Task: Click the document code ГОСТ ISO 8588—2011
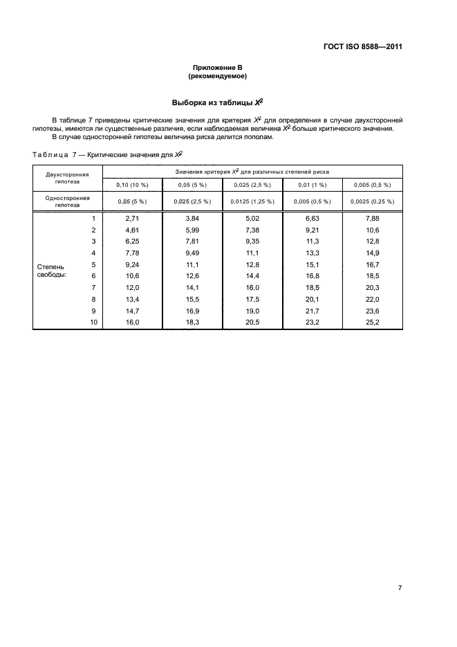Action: [x=362, y=47]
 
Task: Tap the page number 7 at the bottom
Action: [x=400, y=587]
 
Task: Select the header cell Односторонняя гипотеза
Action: [x=63, y=201]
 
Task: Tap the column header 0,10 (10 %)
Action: [x=132, y=185]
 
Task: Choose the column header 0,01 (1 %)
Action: [x=313, y=185]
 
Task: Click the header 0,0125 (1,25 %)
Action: [x=252, y=201]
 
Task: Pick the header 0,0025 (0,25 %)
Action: [x=372, y=201]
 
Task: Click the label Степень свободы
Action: [x=52, y=270]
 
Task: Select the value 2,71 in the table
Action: [x=132, y=219]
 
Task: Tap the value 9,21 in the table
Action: [x=313, y=230]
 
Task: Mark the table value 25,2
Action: [x=372, y=322]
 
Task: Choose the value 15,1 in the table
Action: [x=313, y=264]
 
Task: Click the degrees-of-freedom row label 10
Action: [x=93, y=322]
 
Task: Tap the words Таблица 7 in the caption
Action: [x=55, y=155]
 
